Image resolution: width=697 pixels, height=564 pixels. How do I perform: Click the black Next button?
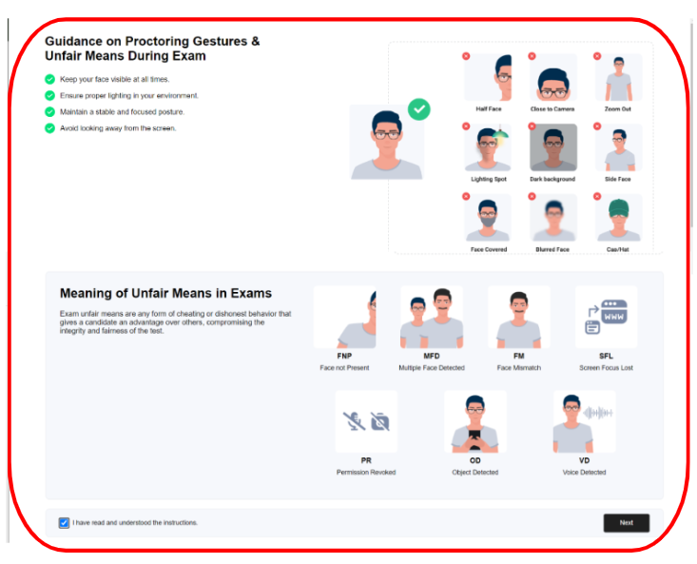click(627, 523)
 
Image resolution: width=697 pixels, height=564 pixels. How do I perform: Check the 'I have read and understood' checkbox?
click(64, 523)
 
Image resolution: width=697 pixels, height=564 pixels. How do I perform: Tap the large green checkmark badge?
click(418, 109)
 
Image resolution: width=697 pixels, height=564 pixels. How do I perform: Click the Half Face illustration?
click(488, 77)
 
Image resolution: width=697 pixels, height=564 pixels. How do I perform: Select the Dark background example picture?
click(553, 147)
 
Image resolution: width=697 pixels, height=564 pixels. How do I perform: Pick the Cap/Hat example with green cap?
click(618, 218)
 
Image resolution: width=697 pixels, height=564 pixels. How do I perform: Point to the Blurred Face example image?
click(553, 218)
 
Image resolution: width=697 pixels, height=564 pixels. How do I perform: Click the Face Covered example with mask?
click(488, 218)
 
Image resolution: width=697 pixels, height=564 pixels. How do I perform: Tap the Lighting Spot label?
click(489, 179)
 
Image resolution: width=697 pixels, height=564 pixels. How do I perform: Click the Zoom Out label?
click(617, 108)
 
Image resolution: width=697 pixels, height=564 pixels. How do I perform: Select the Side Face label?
click(617, 179)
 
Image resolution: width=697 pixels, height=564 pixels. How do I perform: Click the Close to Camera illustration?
click(553, 77)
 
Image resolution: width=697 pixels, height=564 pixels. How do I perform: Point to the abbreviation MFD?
click(431, 356)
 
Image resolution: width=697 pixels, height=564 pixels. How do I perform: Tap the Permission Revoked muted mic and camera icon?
click(366, 421)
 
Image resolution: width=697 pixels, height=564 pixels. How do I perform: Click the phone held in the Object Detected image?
click(474, 437)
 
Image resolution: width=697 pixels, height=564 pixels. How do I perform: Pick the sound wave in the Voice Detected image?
click(598, 413)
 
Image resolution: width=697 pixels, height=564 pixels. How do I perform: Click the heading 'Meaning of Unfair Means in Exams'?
click(165, 293)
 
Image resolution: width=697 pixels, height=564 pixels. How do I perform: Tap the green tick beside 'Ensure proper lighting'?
click(49, 95)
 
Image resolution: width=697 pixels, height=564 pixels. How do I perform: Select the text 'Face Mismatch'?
click(519, 367)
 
